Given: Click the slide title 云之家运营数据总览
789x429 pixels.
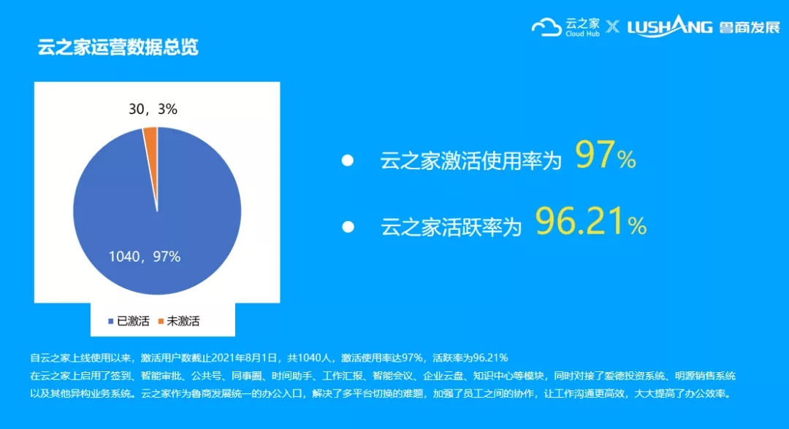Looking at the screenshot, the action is pyautogui.click(x=118, y=47).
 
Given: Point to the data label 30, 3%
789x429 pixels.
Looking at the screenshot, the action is pyautogui.click(x=153, y=109).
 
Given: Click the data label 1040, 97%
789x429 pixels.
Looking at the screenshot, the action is pyautogui.click(x=145, y=257).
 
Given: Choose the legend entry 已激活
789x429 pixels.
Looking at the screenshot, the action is pyautogui.click(x=129, y=321).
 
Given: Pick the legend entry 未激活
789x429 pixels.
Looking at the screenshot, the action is pyautogui.click(x=179, y=321).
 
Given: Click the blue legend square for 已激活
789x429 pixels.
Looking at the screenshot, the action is pyautogui.click(x=111, y=321).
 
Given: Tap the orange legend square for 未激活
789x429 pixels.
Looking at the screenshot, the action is pyautogui.click(x=161, y=321).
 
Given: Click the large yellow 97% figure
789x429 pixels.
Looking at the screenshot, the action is pyautogui.click(x=606, y=155).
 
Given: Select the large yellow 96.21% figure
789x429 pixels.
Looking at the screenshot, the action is pyautogui.click(x=591, y=221).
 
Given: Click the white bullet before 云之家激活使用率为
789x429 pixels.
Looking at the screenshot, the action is pyautogui.click(x=347, y=161).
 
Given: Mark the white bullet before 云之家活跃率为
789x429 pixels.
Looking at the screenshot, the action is pyautogui.click(x=348, y=227).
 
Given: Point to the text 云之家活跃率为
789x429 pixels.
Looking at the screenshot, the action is pyautogui.click(x=451, y=227).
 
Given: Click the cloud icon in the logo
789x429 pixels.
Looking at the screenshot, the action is pyautogui.click(x=546, y=27).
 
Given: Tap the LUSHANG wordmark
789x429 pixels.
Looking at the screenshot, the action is pyautogui.click(x=670, y=26).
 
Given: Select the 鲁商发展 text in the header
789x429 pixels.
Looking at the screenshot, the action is pyautogui.click(x=750, y=27).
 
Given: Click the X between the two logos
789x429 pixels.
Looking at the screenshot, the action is pyautogui.click(x=612, y=26).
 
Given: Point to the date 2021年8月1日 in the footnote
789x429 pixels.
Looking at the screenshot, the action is pyautogui.click(x=244, y=357).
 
